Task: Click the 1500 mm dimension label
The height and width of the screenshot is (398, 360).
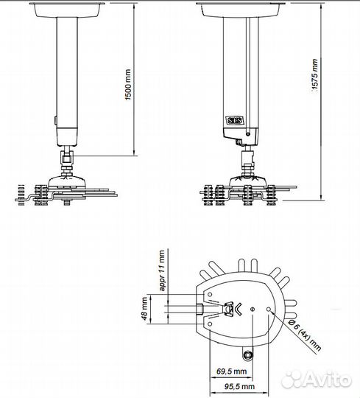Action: pyautogui.click(x=128, y=85)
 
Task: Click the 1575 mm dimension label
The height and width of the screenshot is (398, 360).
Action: pyautogui.click(x=314, y=74)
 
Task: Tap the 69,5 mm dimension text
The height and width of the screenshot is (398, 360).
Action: pyautogui.click(x=231, y=371)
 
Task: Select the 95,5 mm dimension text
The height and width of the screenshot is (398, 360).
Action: pyautogui.click(x=239, y=387)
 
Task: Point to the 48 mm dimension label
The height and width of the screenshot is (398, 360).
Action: pyautogui.click(x=144, y=309)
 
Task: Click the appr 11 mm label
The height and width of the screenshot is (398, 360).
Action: pyautogui.click(x=161, y=270)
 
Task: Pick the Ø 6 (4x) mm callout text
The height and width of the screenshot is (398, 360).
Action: pyautogui.click(x=305, y=335)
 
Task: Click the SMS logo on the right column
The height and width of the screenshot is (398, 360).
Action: pyautogui.click(x=235, y=121)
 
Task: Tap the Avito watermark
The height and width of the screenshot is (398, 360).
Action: pyautogui.click(x=317, y=380)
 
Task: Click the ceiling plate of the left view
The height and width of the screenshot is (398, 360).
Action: pyautogui.click(x=67, y=10)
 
